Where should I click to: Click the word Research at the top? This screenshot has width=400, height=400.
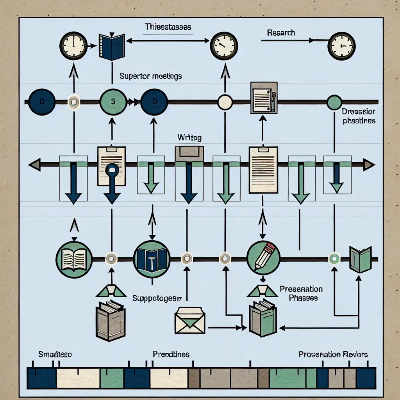(281, 32)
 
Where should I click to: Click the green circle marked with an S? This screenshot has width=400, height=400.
(112, 102)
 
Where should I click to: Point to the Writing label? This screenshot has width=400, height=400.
(189, 137)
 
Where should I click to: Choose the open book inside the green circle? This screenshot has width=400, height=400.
(74, 258)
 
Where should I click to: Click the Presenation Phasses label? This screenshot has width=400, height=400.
(301, 293)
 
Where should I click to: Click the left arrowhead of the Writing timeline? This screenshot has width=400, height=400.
(34, 165)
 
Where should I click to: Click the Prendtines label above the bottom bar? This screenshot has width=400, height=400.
(171, 354)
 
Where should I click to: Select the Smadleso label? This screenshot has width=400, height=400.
(55, 354)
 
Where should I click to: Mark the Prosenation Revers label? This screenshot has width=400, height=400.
(333, 354)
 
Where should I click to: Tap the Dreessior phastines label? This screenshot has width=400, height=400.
(359, 116)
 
